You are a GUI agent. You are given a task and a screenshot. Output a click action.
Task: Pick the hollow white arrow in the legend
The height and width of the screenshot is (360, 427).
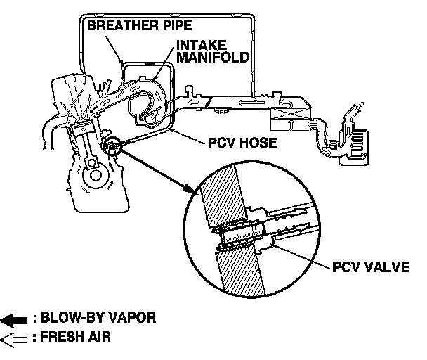pos(15,338)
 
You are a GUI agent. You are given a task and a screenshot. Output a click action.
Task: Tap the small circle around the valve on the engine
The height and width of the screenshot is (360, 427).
pos(112,146)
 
